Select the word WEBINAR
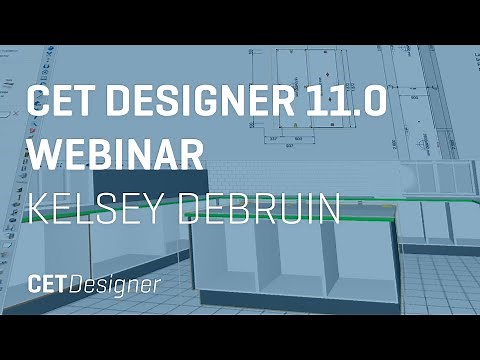117,152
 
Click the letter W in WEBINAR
43,152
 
